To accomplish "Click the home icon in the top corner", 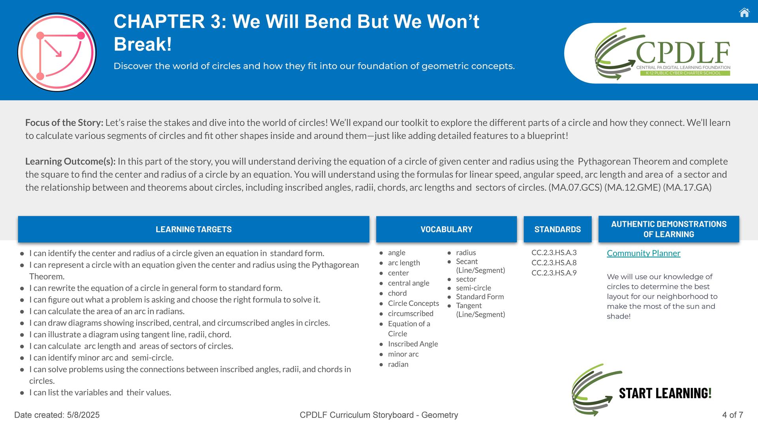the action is coord(744,13).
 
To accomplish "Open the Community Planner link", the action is coord(644,253).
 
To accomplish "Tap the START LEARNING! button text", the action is coord(665,393).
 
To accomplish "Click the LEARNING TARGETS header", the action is coord(193,229).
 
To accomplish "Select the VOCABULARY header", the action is coord(447,229).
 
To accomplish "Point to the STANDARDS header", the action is coord(557,229).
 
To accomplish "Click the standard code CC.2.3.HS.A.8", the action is coord(554,263).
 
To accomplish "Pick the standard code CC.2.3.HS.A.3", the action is coord(554,252).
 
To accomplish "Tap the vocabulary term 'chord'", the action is coord(397,293).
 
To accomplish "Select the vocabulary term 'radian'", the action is coord(398,364).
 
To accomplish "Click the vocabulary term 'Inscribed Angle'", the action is coord(413,344).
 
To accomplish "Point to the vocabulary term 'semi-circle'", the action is coord(473,288).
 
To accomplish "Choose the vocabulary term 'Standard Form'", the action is coord(480,296).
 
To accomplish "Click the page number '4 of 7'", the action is coord(733,415).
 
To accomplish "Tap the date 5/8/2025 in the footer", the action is coord(83,415).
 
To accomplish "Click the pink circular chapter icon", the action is coord(57,52).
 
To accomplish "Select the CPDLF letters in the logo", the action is coord(683,53).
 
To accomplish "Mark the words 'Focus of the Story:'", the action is coord(64,123).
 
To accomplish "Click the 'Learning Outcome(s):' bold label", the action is coord(70,161).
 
